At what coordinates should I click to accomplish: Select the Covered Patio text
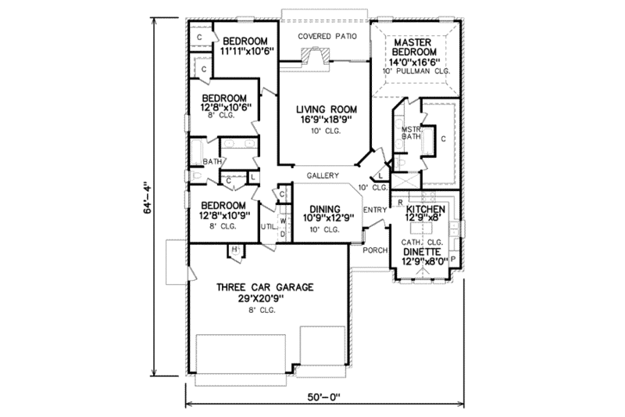tap(327, 36)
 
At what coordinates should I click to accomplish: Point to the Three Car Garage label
tap(266, 287)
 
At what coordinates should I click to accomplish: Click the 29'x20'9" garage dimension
tap(266, 299)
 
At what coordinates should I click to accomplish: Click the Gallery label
tap(322, 175)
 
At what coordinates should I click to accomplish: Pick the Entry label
tap(375, 209)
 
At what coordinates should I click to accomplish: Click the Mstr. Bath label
tap(411, 134)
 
